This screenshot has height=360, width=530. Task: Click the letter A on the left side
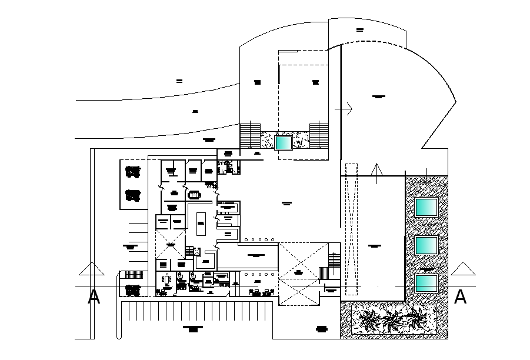(x=94, y=298)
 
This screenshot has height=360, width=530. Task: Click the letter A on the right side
(x=461, y=298)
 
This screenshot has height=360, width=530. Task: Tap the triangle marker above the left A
(x=92, y=269)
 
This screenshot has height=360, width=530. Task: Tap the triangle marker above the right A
(x=462, y=269)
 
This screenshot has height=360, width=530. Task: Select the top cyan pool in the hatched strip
(x=426, y=207)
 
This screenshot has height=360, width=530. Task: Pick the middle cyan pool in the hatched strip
(x=426, y=245)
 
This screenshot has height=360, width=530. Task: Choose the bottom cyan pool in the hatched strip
(x=426, y=284)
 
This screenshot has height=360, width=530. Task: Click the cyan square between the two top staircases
(x=284, y=143)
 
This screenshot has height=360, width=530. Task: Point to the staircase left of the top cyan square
(x=250, y=136)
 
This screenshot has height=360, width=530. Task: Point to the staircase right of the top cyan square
(x=319, y=136)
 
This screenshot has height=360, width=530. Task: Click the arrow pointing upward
(x=376, y=171)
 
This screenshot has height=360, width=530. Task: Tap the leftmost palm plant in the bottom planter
(x=368, y=320)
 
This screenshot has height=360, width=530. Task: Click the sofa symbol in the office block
(x=194, y=194)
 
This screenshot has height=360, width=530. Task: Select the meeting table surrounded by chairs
(x=166, y=280)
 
